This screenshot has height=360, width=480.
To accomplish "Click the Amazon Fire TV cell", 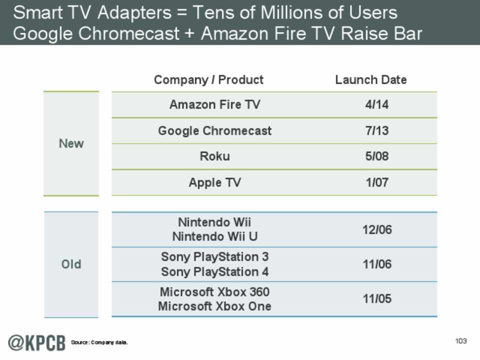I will pos(214,105).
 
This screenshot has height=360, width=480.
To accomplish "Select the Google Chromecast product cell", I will pos(214,131).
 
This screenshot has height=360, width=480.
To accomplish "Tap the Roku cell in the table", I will pos(214,156).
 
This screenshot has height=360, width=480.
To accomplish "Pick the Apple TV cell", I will pos(214,182).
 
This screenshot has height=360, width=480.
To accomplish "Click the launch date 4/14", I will pos(376,105).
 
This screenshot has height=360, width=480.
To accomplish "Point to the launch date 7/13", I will pos(376,131).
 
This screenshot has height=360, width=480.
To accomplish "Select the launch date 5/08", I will pos(376,156).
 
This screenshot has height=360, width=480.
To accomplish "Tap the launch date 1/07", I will pos(376,182).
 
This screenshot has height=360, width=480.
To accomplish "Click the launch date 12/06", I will pos(376,229).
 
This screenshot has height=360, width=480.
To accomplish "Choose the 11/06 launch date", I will pos(376,264).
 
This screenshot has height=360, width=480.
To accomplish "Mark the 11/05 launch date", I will pos(376,299).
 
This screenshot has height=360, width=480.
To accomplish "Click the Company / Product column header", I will pos(208,79).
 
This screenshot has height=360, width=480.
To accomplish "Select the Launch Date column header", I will pos(370,79).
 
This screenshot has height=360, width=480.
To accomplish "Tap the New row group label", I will pos(71,143).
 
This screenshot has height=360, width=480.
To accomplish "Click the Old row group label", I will pos(71,264).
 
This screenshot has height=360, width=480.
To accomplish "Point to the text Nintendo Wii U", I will pos(214,236).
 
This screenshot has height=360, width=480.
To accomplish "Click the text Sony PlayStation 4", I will pos(214,271).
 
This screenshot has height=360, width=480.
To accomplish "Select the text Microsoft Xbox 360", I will pos(214,291).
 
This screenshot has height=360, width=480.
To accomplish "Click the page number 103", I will pos(460,341).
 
